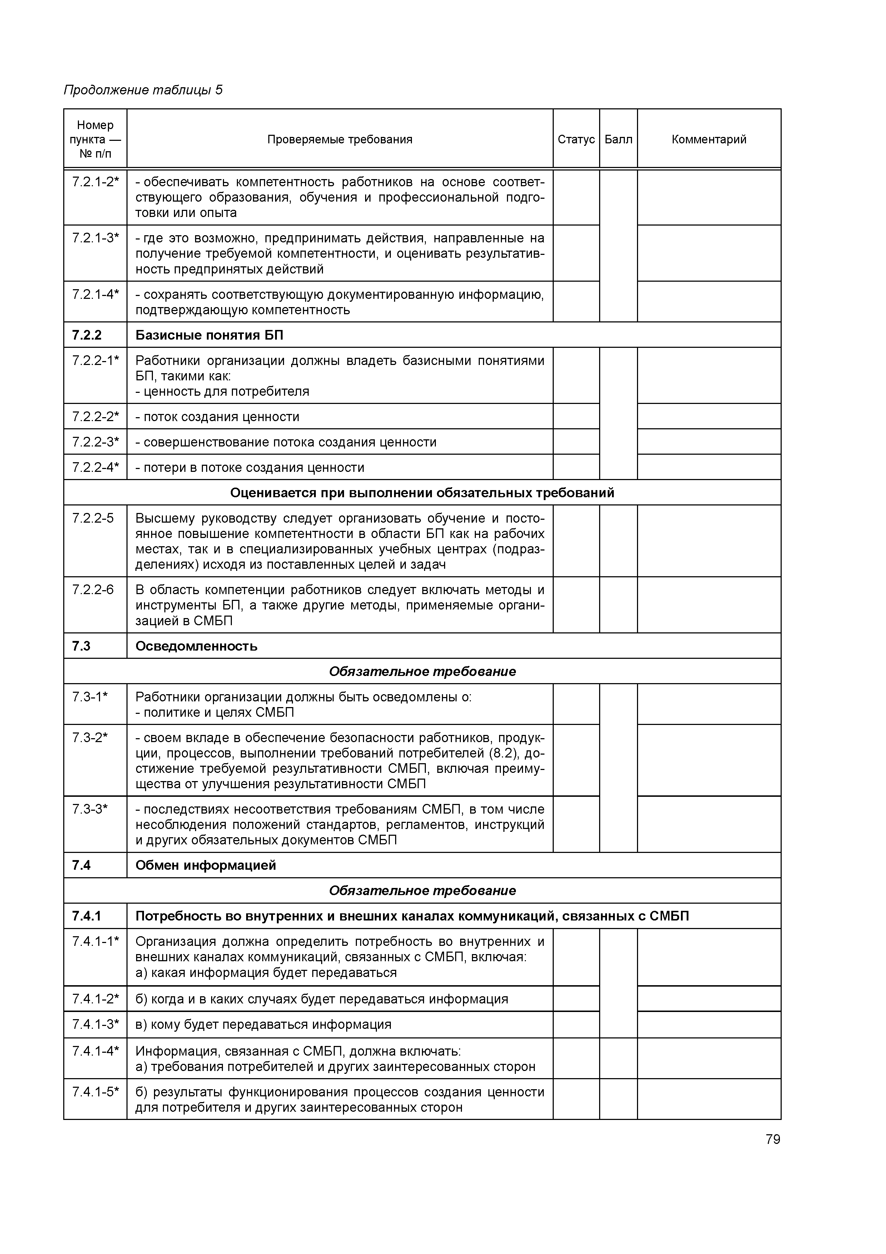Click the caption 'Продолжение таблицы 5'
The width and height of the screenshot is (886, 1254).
[143, 90]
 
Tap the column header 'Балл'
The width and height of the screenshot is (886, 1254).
[618, 139]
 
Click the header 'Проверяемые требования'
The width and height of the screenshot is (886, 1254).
[339, 139]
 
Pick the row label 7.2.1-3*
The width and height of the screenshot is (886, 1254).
[95, 238]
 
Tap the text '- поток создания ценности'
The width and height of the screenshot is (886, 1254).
[217, 417]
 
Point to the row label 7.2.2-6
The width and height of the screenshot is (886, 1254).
[93, 590]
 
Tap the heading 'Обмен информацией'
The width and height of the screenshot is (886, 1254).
[206, 865]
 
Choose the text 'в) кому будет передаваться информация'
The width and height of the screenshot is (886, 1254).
[264, 1024]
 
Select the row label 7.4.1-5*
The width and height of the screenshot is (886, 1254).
[95, 1092]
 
